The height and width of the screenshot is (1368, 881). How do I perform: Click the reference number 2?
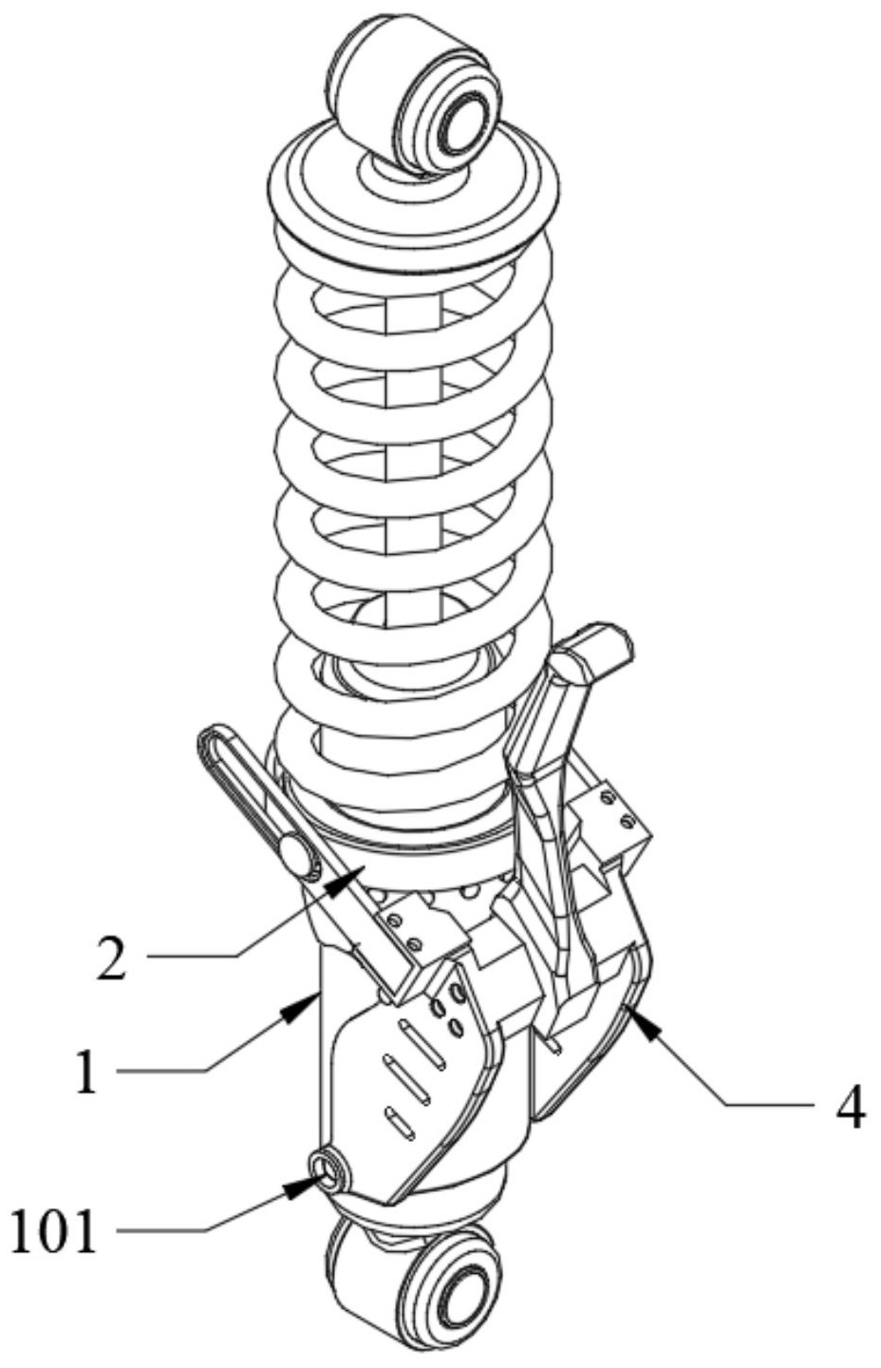pyautogui.click(x=111, y=959)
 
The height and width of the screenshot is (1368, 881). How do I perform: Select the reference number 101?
pyautogui.click(x=54, y=1232)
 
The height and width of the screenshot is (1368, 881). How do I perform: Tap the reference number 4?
pyautogui.click(x=851, y=1108)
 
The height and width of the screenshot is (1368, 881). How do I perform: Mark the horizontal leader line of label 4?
pyautogui.click(x=770, y=1105)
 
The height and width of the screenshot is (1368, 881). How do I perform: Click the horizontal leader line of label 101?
pyautogui.click(x=161, y=1232)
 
